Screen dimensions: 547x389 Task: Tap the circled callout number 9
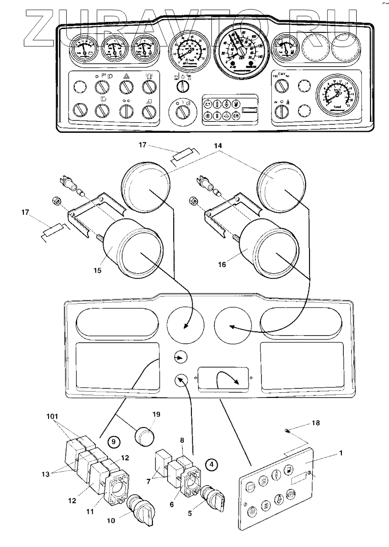113,441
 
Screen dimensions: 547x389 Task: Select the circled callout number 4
212,462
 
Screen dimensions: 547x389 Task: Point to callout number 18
316,422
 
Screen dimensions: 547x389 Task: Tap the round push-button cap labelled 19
144,435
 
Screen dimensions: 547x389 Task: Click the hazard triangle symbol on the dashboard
126,76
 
